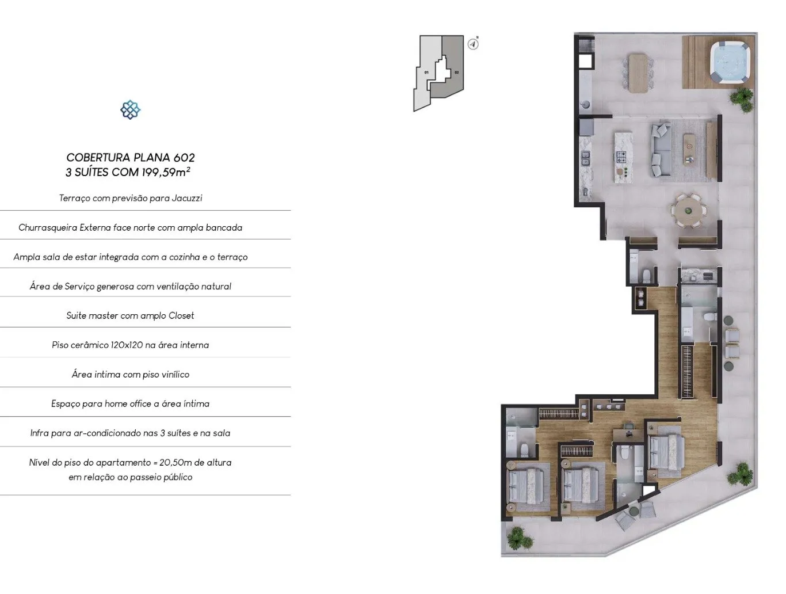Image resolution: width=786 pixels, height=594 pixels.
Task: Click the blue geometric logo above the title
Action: [x=131, y=109]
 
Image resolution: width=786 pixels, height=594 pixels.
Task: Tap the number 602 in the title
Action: [x=184, y=158]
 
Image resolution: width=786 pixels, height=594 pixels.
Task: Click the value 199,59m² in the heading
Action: [x=166, y=172]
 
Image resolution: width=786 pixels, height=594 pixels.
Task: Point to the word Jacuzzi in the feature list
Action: [x=187, y=198]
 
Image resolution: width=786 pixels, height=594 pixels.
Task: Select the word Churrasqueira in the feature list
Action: [x=48, y=228]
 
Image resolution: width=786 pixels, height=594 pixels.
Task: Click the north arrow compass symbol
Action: [x=473, y=44]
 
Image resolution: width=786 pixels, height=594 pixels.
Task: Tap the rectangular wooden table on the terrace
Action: [x=639, y=73]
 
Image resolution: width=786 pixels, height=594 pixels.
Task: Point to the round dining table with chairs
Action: [x=689, y=211]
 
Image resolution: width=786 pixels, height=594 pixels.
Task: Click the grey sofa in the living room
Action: [x=661, y=150]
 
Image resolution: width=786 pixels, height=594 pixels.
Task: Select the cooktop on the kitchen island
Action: [x=621, y=156]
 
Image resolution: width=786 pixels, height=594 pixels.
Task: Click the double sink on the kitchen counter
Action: [x=585, y=158]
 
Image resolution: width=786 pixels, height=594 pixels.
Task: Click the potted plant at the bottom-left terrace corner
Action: [x=517, y=538]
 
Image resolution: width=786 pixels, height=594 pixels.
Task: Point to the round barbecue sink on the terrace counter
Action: [x=585, y=105]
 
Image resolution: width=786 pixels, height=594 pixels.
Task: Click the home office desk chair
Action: [x=629, y=427]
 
